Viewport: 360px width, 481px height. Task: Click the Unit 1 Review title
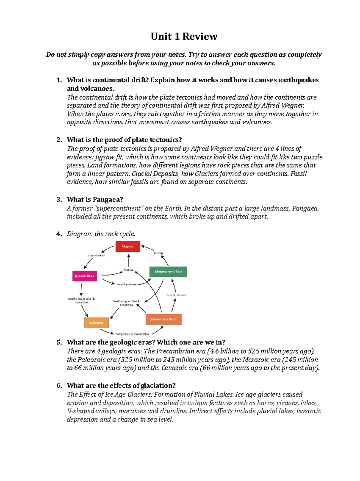point(184,36)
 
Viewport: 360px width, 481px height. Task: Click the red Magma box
point(128,246)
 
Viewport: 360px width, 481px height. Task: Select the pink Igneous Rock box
point(85,276)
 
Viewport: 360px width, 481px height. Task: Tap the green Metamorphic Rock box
point(168,271)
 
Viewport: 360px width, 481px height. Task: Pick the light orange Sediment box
point(96,322)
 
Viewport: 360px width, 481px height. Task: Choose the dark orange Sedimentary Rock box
point(163,319)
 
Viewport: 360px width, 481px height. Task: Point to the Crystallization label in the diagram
point(97,256)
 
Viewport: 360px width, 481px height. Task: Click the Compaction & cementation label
point(132,334)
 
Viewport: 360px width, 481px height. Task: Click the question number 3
point(59,199)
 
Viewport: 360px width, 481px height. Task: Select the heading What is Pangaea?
point(95,199)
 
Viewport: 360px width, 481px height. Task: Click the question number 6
point(59,386)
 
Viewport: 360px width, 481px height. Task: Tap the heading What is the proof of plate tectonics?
point(124,140)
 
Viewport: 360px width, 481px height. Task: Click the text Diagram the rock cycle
point(101,234)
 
